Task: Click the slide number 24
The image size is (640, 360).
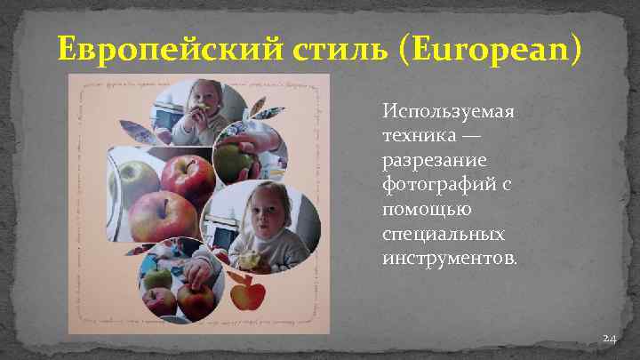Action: coord(610,339)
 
